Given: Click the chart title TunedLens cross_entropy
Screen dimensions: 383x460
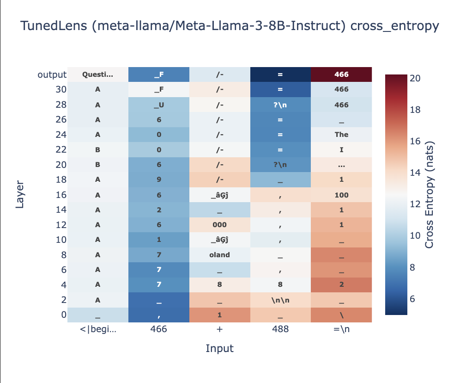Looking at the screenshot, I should pos(230,26).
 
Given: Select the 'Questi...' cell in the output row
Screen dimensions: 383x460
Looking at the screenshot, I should pos(97,74).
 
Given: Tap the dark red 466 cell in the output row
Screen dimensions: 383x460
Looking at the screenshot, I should pos(341,74).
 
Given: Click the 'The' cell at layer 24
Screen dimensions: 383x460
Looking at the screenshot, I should pos(341,135).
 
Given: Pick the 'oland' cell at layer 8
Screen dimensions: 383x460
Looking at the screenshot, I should pos(219,255).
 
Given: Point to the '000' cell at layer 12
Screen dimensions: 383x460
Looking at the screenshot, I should pos(219,225).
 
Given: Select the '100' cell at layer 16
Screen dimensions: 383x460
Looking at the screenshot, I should pos(341,195).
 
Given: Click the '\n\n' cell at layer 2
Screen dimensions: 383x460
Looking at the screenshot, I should pos(280,300).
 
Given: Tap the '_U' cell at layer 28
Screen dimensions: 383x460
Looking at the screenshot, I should pos(158,105).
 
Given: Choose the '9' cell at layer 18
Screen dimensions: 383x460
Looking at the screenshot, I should pos(158,179).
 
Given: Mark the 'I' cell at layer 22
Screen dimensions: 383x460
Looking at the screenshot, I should pos(341,149).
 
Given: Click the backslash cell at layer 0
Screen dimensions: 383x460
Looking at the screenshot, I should pos(341,315).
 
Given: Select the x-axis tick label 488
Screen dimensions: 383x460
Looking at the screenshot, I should pos(280,329).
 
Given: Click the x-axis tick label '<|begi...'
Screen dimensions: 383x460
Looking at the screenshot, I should pos(97,329).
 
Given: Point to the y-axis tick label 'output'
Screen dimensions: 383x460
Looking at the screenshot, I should pos(53,74).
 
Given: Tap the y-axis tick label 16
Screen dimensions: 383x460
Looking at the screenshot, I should pos(61,195).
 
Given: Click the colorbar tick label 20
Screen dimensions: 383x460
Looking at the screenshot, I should pos(414,79).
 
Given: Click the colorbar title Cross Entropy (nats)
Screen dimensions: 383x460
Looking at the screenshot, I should pos(430,195).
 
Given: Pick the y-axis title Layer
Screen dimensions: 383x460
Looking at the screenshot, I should pos(20,195).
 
